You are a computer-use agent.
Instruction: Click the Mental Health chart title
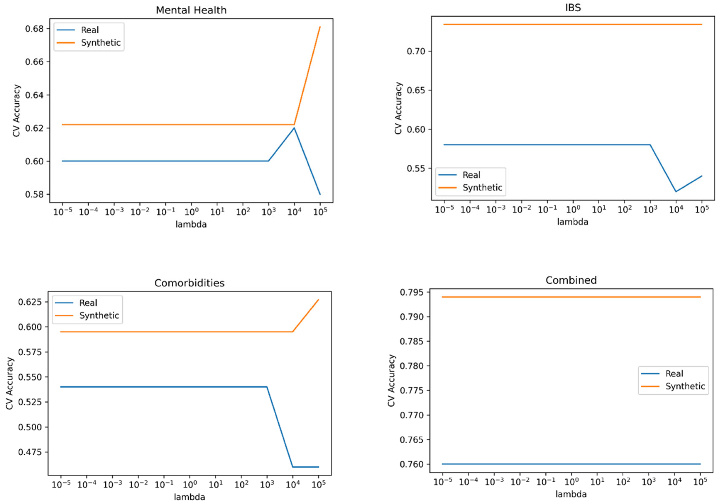coord(191,10)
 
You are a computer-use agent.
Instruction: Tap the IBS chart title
coord(573,7)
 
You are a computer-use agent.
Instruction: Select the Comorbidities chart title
coord(189,283)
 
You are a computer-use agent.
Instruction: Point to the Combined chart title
coord(571,280)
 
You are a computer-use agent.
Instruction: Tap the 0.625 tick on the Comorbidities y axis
coord(30,302)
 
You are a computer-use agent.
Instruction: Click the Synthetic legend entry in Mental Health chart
coord(100,43)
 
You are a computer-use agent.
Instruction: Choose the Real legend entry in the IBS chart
coord(471,175)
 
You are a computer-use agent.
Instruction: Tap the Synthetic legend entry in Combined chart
coord(685,386)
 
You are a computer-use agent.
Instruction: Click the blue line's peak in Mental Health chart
coord(294,128)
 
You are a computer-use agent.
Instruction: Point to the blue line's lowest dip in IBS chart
coord(676,192)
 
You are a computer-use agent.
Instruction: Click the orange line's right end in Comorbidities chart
coord(318,300)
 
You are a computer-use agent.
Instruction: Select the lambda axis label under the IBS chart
coord(573,222)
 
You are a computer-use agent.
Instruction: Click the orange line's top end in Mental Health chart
coord(320,27)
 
